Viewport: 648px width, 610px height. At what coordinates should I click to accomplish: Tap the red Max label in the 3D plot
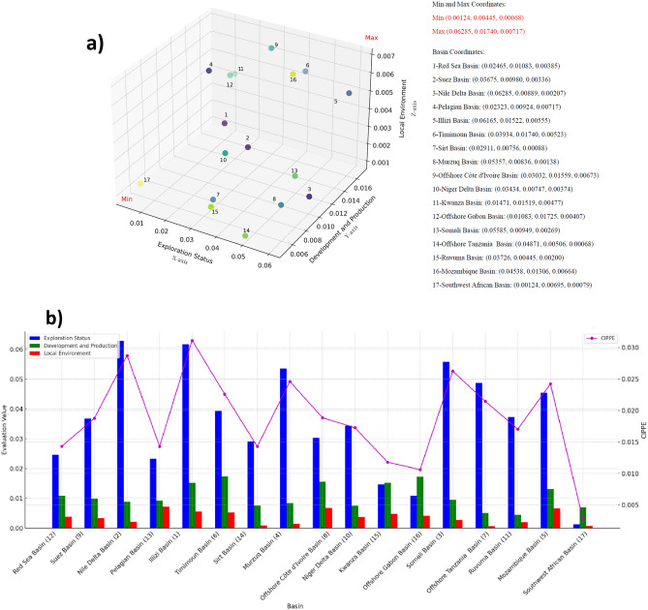pos(371,38)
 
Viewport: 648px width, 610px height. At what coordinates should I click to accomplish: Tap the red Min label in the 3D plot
pos(126,198)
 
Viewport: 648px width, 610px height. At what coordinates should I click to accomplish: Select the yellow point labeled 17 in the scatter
pos(139,182)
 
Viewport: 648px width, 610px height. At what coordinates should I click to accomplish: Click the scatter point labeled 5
pos(349,94)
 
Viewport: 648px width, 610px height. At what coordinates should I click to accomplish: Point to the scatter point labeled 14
pos(245,234)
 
